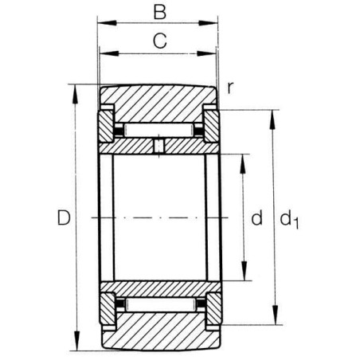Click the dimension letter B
pos(160,12)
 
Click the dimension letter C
pos(160,41)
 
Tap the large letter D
pos(64,217)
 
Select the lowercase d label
pos(256,217)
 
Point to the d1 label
pos(289,219)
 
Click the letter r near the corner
pos(230,88)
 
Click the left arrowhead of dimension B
pos(107,23)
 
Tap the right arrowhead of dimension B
pos(208,23)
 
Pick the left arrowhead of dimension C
pos(109,54)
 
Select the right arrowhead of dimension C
pos(206,53)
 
